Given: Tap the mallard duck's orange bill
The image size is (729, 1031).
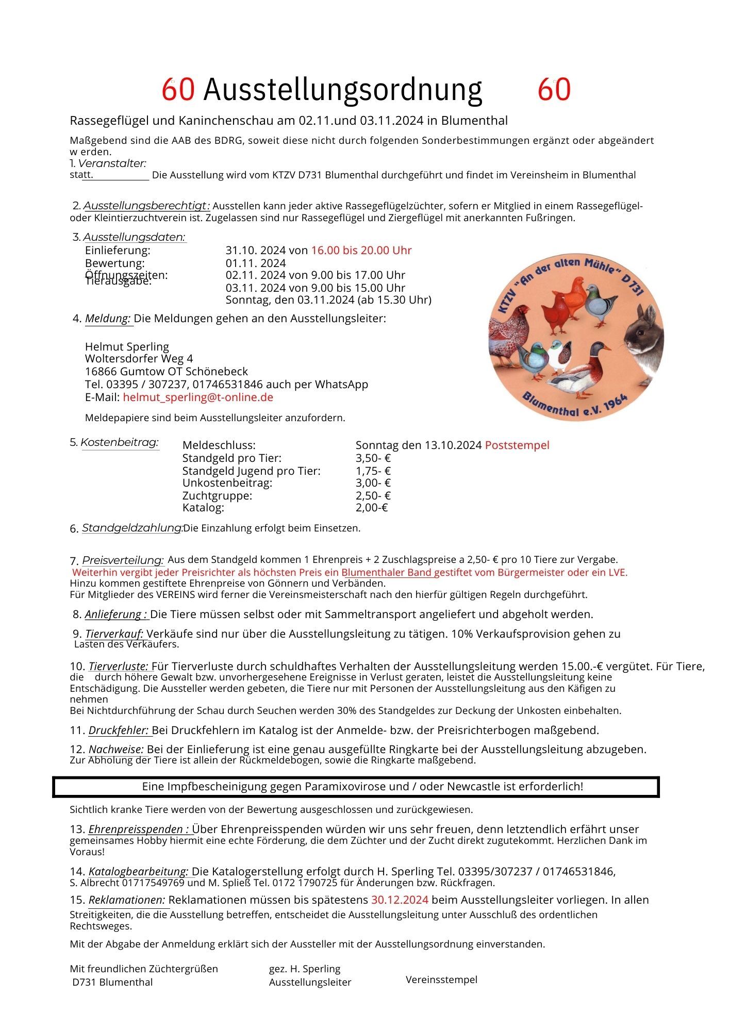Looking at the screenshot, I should tap(608, 348).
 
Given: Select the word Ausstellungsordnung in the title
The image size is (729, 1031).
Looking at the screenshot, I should tap(343, 90).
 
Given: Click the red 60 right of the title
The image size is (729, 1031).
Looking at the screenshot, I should tap(554, 90).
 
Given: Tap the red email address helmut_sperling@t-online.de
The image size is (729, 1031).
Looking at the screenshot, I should tap(198, 397).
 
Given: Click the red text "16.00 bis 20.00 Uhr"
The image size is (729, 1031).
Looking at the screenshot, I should tap(361, 251).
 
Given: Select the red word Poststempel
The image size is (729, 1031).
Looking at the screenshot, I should tap(517, 445).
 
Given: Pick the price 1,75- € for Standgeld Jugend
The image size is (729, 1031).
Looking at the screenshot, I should tap(373, 471).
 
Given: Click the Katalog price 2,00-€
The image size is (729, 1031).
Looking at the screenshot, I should tap(371, 508).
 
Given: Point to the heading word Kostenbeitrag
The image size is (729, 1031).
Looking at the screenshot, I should tap(120, 443).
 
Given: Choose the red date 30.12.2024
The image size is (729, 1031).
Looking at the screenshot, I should tap(400, 900).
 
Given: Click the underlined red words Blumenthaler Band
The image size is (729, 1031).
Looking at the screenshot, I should tap(386, 572).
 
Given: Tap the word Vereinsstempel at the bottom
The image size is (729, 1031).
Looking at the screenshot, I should tap(441, 979).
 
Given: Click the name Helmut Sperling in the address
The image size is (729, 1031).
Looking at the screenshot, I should tap(127, 346).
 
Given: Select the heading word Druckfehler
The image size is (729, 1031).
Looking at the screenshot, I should tap(119, 730).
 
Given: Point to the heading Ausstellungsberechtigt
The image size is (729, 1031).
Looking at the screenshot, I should tap(146, 206).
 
